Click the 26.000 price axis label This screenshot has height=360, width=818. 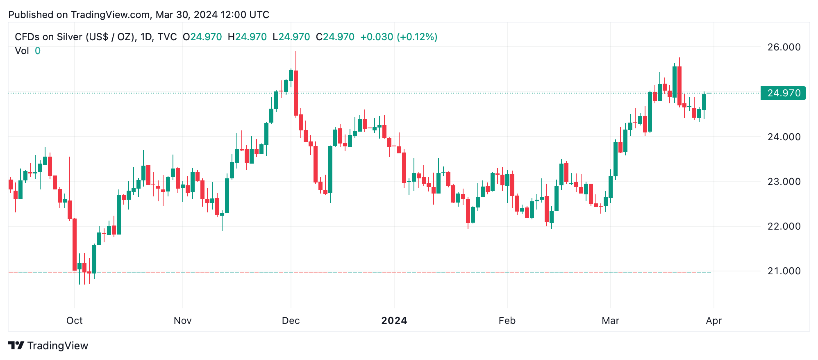784,47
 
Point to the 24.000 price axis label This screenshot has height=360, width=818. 784,137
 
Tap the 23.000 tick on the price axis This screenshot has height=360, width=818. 784,182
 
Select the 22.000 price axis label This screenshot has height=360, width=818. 784,226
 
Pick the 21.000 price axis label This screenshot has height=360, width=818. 784,271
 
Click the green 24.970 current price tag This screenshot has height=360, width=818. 783,93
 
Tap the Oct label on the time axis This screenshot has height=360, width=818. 75,321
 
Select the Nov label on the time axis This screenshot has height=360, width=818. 182,321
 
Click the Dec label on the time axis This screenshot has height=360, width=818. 291,321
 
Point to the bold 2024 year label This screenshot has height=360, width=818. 394,321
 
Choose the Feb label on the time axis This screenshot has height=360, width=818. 507,321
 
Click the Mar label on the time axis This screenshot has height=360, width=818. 610,321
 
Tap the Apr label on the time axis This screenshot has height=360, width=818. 713,321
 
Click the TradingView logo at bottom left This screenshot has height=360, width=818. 48,346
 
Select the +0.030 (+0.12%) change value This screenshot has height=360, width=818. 398,37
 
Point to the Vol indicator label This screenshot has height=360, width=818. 22,51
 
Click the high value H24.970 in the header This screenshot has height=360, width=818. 247,37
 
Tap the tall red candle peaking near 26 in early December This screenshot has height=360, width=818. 296,93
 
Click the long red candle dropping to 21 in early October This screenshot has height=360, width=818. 75,244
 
